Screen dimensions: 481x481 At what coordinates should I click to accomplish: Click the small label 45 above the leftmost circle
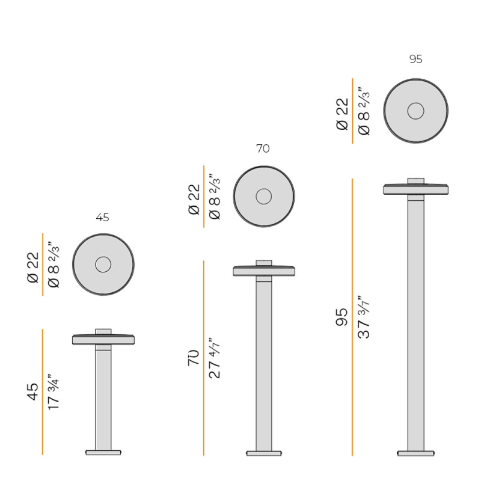coord(103,218)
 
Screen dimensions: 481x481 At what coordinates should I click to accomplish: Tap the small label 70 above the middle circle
coord(263,149)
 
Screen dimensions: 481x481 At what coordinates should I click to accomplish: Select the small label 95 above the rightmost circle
coord(415,59)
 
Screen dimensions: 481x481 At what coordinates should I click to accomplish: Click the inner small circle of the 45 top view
coord(103,265)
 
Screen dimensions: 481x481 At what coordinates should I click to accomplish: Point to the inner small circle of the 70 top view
coord(263,196)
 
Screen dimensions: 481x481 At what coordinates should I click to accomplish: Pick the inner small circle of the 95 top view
coord(415,111)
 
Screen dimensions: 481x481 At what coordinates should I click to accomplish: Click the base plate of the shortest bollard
coord(103,452)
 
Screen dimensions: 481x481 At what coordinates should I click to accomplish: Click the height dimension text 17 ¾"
coord(54,392)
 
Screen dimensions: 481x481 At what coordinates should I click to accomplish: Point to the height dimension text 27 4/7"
coord(214,357)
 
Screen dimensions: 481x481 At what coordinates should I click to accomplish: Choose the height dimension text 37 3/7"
coord(364,317)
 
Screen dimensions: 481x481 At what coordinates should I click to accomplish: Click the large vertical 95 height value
coord(342,317)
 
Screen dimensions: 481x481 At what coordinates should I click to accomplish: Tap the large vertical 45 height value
coord(32,391)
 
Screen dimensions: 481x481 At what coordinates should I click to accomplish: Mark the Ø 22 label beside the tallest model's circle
coord(342,114)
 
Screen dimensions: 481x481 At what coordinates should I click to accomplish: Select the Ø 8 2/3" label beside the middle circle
coord(214,197)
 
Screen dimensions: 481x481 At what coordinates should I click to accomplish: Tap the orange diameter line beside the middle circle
coord(204,197)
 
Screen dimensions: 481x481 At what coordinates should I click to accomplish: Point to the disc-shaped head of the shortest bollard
coord(103,340)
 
